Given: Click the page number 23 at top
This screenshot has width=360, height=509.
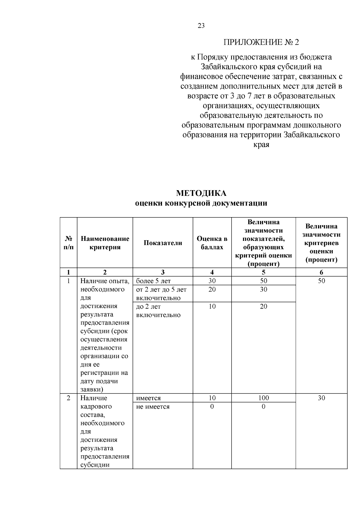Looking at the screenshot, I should coord(201,26).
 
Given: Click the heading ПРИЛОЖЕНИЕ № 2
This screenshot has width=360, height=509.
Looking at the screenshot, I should coord(261,42).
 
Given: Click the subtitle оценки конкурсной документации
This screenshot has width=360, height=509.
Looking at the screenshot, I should coord(201,203).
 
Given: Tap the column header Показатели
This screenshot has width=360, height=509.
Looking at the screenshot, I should coord(163,243).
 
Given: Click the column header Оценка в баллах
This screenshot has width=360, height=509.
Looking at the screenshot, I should coord(212,243).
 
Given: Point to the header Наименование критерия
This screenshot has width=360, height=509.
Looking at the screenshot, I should coord(105,243).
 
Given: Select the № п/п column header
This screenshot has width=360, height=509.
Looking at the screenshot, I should coord(68,243).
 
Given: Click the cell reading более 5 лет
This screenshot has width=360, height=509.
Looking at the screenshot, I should coord(153,281).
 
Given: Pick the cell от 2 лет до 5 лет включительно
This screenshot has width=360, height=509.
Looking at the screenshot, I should coord(161,294).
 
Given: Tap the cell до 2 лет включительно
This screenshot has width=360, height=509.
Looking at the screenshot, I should coord(158,311).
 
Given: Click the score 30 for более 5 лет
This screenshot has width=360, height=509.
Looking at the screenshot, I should coord(212,281).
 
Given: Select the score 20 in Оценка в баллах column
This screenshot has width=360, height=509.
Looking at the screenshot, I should coord(212,289).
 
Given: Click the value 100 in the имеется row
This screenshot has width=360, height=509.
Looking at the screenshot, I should coord(263,398).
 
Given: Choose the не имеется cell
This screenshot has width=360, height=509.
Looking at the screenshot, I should coord(153,407).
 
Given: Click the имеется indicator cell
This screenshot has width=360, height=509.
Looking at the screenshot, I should coord(148,398).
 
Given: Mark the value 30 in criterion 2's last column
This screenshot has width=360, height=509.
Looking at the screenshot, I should coord(321,398).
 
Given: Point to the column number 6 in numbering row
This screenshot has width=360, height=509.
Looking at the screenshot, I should coord(321,272).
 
